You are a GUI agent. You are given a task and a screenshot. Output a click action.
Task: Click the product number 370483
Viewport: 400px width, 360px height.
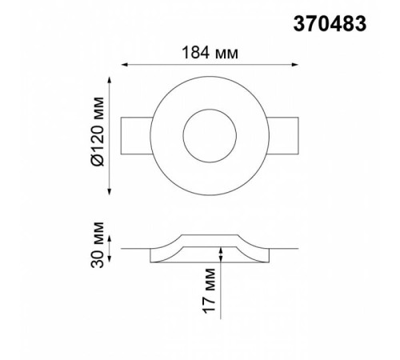[x=330, y=23]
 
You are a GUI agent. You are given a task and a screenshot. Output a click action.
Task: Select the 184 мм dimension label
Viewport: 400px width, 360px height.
[x=210, y=53]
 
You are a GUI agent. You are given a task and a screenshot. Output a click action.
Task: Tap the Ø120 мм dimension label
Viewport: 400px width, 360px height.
[x=98, y=131]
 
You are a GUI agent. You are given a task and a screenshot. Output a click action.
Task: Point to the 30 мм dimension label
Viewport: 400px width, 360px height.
[x=97, y=245]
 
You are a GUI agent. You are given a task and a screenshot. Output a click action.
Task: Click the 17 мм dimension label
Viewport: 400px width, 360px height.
[x=209, y=290]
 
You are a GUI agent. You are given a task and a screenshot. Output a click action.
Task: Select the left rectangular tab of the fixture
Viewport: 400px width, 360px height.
[x=136, y=135]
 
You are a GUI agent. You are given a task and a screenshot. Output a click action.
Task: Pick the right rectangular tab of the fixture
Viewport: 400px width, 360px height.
[x=283, y=135]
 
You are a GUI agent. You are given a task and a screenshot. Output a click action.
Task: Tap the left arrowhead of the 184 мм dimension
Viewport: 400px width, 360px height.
[x=125, y=65]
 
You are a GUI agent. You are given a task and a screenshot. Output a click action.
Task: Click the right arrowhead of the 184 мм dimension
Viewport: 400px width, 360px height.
[x=295, y=65]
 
